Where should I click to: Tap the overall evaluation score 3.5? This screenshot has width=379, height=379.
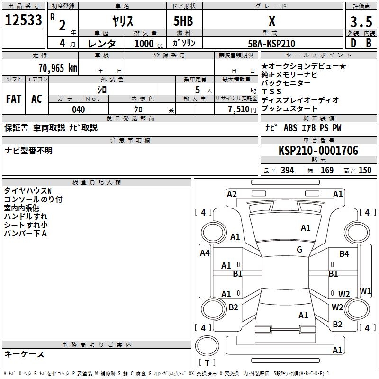[360, 22]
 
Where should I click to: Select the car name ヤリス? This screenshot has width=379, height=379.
[122, 21]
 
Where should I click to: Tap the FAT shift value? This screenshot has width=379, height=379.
[13, 99]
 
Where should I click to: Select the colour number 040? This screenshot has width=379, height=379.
[79, 110]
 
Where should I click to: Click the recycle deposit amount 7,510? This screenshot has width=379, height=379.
[238, 109]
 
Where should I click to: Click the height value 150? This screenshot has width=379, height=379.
[365, 171]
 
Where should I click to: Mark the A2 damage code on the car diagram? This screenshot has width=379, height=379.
[232, 194]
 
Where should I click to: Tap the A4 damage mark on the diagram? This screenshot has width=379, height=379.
[205, 253]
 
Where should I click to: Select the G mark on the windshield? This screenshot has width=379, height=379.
[299, 250]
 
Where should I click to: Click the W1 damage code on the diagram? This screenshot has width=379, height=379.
[365, 290]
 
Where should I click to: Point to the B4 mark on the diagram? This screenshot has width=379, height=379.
[344, 254]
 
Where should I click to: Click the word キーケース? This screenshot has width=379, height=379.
[25, 354]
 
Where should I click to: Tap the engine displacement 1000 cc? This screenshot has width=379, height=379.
[148, 44]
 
